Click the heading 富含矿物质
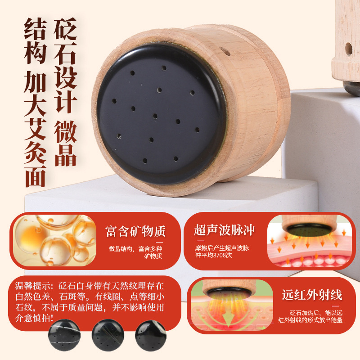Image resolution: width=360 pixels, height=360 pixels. pyautogui.click(x=135, y=231)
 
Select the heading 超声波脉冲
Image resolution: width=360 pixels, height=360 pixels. pyautogui.click(x=225, y=230)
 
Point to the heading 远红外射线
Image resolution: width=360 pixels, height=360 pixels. pyautogui.click(x=312, y=295)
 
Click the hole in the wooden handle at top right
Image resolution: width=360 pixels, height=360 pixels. pyautogui.click(x=348, y=49)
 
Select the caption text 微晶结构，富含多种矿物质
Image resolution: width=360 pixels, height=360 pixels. pyautogui.click(x=135, y=252)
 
